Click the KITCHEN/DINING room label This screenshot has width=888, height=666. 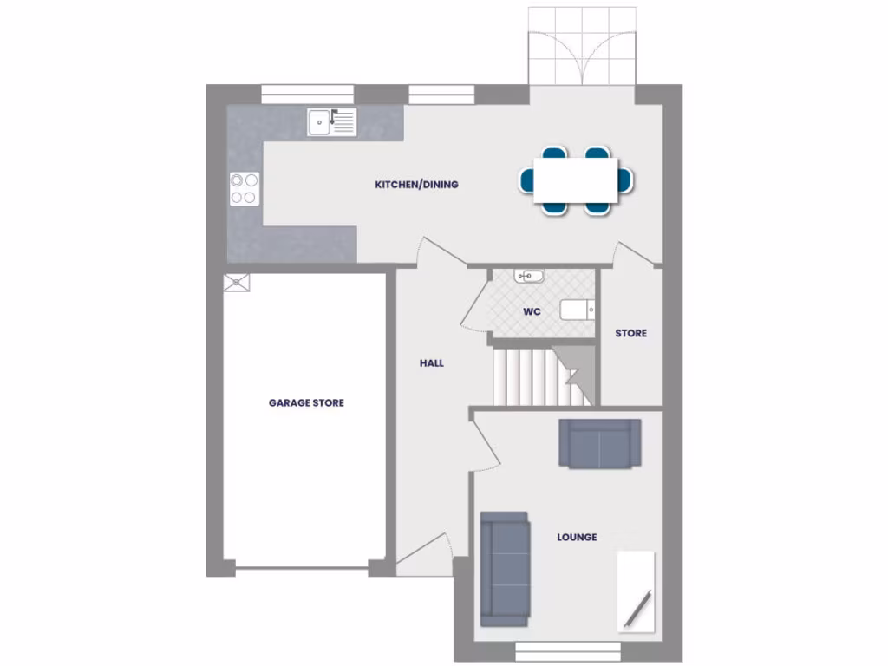416,185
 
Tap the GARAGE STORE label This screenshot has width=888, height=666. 306,402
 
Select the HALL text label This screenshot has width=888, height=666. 431,363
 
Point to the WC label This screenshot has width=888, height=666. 532,311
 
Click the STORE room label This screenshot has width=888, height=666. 630,333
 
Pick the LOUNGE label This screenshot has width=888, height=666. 577,538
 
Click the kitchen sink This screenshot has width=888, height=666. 331,122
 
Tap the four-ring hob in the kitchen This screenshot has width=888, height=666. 245,188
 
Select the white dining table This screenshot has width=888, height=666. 576,180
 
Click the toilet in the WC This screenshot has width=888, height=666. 578,310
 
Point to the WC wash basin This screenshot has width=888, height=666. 528,277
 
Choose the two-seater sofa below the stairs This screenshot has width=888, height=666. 599,444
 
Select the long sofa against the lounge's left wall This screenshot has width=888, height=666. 505,568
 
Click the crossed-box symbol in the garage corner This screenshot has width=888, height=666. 237,283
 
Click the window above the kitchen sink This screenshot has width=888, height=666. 308,94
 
